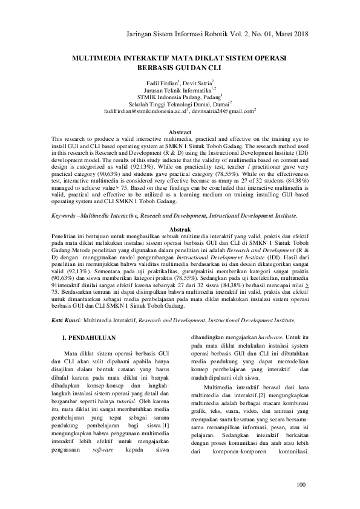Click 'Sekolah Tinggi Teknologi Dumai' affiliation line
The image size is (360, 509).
(x=179, y=103)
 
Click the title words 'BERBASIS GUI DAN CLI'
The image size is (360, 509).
(x=180, y=68)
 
